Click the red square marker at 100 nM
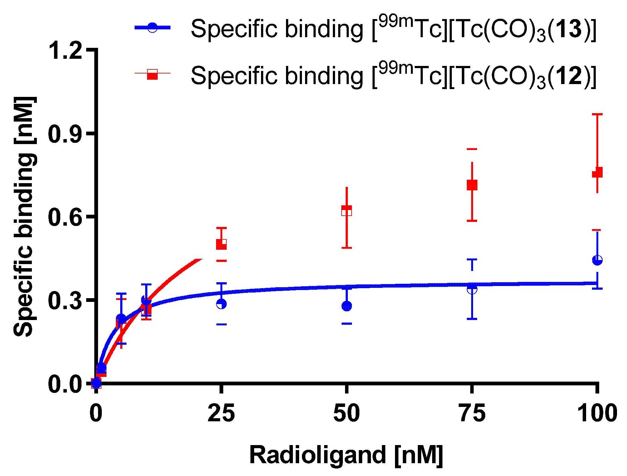[597, 173]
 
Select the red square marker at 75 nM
[472, 185]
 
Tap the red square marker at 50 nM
[347, 211]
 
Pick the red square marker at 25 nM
[221, 244]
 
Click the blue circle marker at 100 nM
[597, 260]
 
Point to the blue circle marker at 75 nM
[472, 289]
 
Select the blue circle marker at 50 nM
[347, 306]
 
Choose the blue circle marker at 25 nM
[221, 304]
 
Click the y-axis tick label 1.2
[66, 50]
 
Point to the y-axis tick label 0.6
[66, 217]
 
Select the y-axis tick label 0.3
[66, 300]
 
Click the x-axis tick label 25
[221, 413]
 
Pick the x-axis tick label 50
[347, 413]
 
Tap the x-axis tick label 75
[472, 413]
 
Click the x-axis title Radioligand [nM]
[346, 455]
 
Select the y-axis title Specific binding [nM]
[24, 217]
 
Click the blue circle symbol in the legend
[152, 28]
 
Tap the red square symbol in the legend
[152, 74]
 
